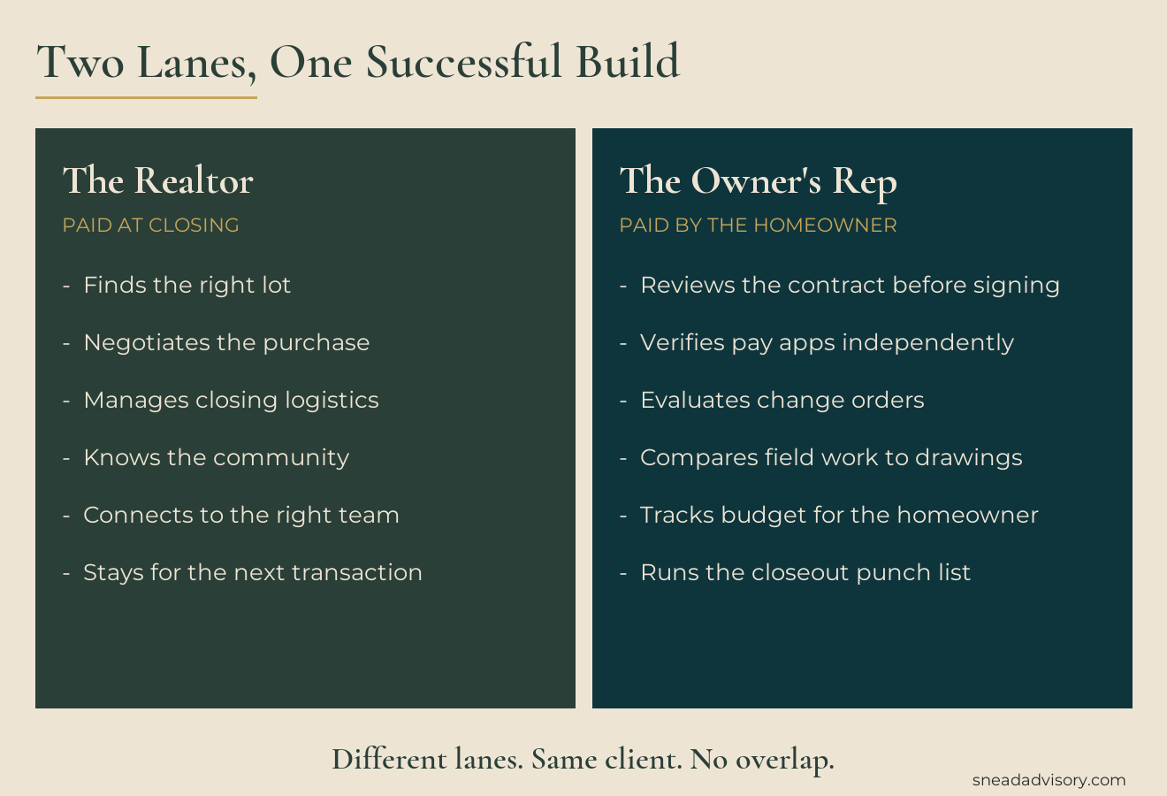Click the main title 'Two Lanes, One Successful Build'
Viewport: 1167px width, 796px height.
358,63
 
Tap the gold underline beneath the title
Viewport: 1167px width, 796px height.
146,97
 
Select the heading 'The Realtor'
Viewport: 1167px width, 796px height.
158,181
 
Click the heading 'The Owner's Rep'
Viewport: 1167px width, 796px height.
758,181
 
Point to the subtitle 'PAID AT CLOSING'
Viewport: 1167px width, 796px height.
151,226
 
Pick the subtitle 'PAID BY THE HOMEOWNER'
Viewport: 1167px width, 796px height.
758,226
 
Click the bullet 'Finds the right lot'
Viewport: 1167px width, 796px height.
187,285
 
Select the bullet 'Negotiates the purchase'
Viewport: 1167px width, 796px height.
226,342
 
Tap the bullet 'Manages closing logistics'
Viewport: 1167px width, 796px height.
231,400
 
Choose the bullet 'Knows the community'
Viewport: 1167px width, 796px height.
216,457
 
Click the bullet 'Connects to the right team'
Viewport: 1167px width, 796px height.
241,515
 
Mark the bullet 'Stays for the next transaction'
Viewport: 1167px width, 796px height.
253,572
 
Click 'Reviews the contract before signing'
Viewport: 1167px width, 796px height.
850,285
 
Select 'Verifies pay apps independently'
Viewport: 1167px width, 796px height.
827,342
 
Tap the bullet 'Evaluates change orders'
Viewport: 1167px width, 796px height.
782,400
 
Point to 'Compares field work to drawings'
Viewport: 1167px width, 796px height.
831,457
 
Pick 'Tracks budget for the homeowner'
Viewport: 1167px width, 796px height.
839,515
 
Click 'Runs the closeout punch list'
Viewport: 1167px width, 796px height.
805,572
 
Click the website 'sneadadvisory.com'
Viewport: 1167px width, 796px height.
1049,780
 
